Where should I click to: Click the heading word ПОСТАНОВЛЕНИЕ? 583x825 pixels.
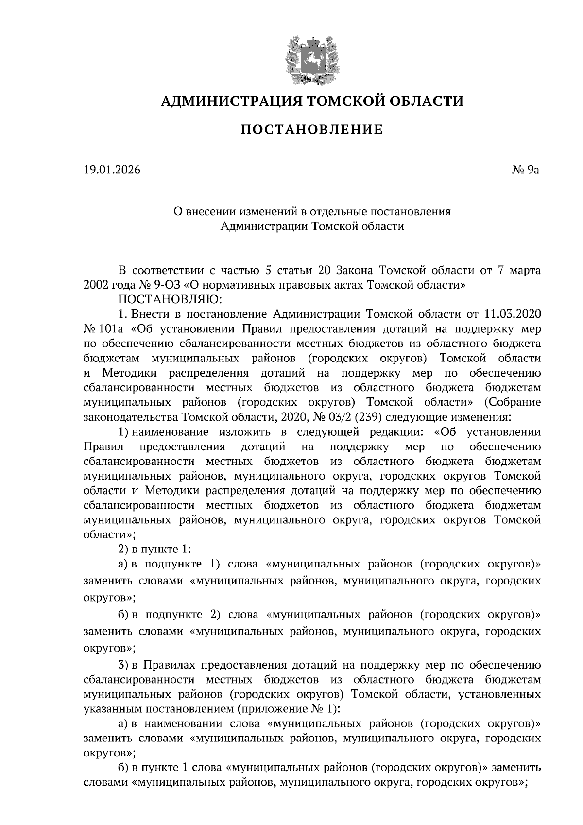click(x=312, y=130)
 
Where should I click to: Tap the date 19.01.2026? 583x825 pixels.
click(x=112, y=170)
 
